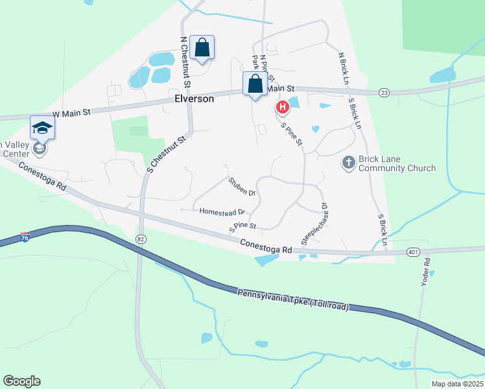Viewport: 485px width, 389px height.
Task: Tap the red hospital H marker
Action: tap(283, 107)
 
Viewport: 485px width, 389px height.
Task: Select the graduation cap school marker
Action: tap(42, 127)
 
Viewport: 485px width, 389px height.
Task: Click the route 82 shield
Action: tap(141, 239)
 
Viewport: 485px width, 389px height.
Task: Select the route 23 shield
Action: tap(384, 93)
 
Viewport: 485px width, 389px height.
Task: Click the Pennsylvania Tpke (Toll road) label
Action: tap(292, 300)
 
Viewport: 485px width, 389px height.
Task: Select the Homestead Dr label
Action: tap(222, 212)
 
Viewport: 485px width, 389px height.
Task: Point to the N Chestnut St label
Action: tap(184, 62)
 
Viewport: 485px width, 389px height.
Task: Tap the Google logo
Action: tap(21, 381)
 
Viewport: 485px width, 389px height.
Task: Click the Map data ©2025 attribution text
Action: tap(457, 384)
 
